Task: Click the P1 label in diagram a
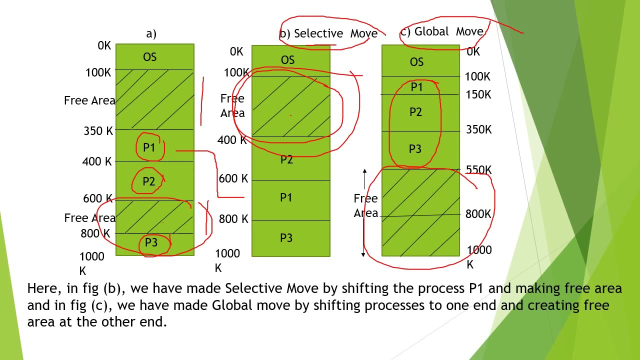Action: click(149, 147)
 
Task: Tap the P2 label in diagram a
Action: click(148, 181)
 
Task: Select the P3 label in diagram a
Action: click(151, 243)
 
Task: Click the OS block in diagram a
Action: click(150, 57)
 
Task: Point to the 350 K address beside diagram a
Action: click(98, 131)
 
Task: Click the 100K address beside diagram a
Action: click(98, 73)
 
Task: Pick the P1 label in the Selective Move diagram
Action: click(286, 198)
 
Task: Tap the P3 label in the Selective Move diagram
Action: click(286, 238)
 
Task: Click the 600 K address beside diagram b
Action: click(233, 178)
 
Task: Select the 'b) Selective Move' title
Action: click(328, 33)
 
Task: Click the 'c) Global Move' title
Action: click(441, 31)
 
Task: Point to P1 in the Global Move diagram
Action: click(416, 87)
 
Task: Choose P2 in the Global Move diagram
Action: click(415, 112)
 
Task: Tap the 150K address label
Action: click(478, 94)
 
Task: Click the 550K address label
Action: click(478, 170)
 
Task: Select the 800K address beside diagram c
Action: click(478, 214)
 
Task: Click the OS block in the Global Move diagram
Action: click(416, 62)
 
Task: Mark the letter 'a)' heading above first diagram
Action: click(151, 33)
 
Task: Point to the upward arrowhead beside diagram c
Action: click(364, 172)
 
